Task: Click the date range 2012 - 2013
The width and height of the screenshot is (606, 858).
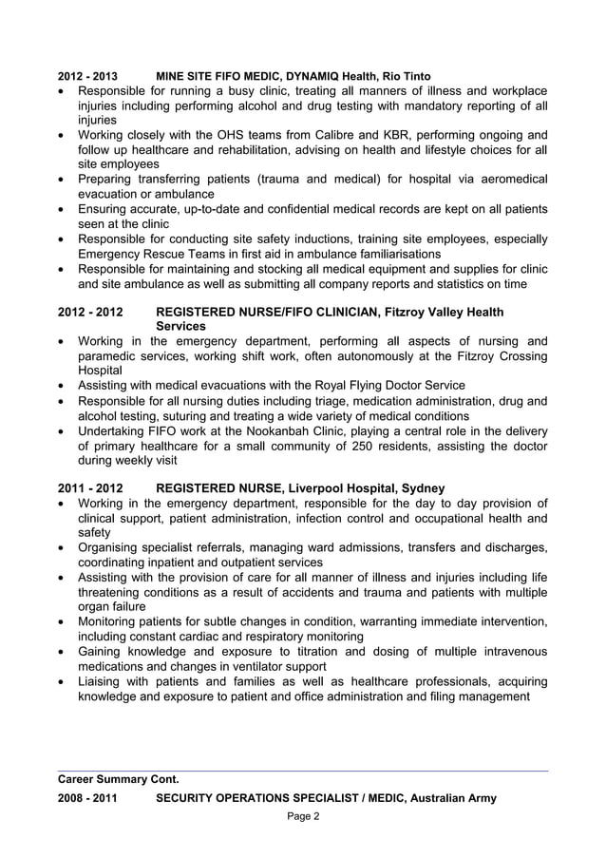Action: pos(87,76)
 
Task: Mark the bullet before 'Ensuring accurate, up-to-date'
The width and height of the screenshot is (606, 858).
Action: pos(63,209)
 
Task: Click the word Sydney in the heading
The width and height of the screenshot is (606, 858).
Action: pos(423,488)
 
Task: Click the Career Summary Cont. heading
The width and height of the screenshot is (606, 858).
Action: pos(119,780)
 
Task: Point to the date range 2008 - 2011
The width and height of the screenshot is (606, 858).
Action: pos(87,798)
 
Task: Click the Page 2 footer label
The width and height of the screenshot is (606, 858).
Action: pos(303,817)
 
